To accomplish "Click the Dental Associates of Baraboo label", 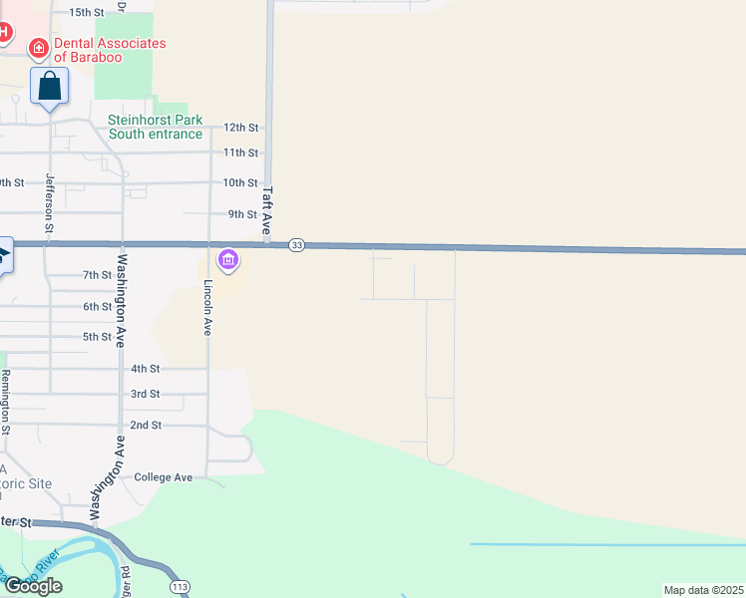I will pyautogui.click(x=110, y=50).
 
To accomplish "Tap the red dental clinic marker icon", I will pyautogui.click(x=39, y=47).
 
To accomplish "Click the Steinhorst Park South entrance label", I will pyautogui.click(x=155, y=127).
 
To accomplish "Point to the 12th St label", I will pyautogui.click(x=241, y=128).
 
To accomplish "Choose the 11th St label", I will pyautogui.click(x=241, y=152).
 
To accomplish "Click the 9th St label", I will pyautogui.click(x=243, y=214).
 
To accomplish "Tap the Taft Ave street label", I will pyautogui.click(x=267, y=212).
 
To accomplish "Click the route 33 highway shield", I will pyautogui.click(x=296, y=245).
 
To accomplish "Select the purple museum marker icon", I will pyautogui.click(x=228, y=260).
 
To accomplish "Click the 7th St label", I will pyautogui.click(x=97, y=275).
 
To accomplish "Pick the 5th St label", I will pyautogui.click(x=97, y=337).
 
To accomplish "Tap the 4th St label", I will pyautogui.click(x=146, y=369).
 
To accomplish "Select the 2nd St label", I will pyautogui.click(x=146, y=425).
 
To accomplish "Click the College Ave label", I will pyautogui.click(x=163, y=477).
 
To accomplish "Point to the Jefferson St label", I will pyautogui.click(x=49, y=199).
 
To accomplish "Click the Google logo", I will pyautogui.click(x=32, y=586).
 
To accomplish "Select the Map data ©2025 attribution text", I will pyautogui.click(x=703, y=590).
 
